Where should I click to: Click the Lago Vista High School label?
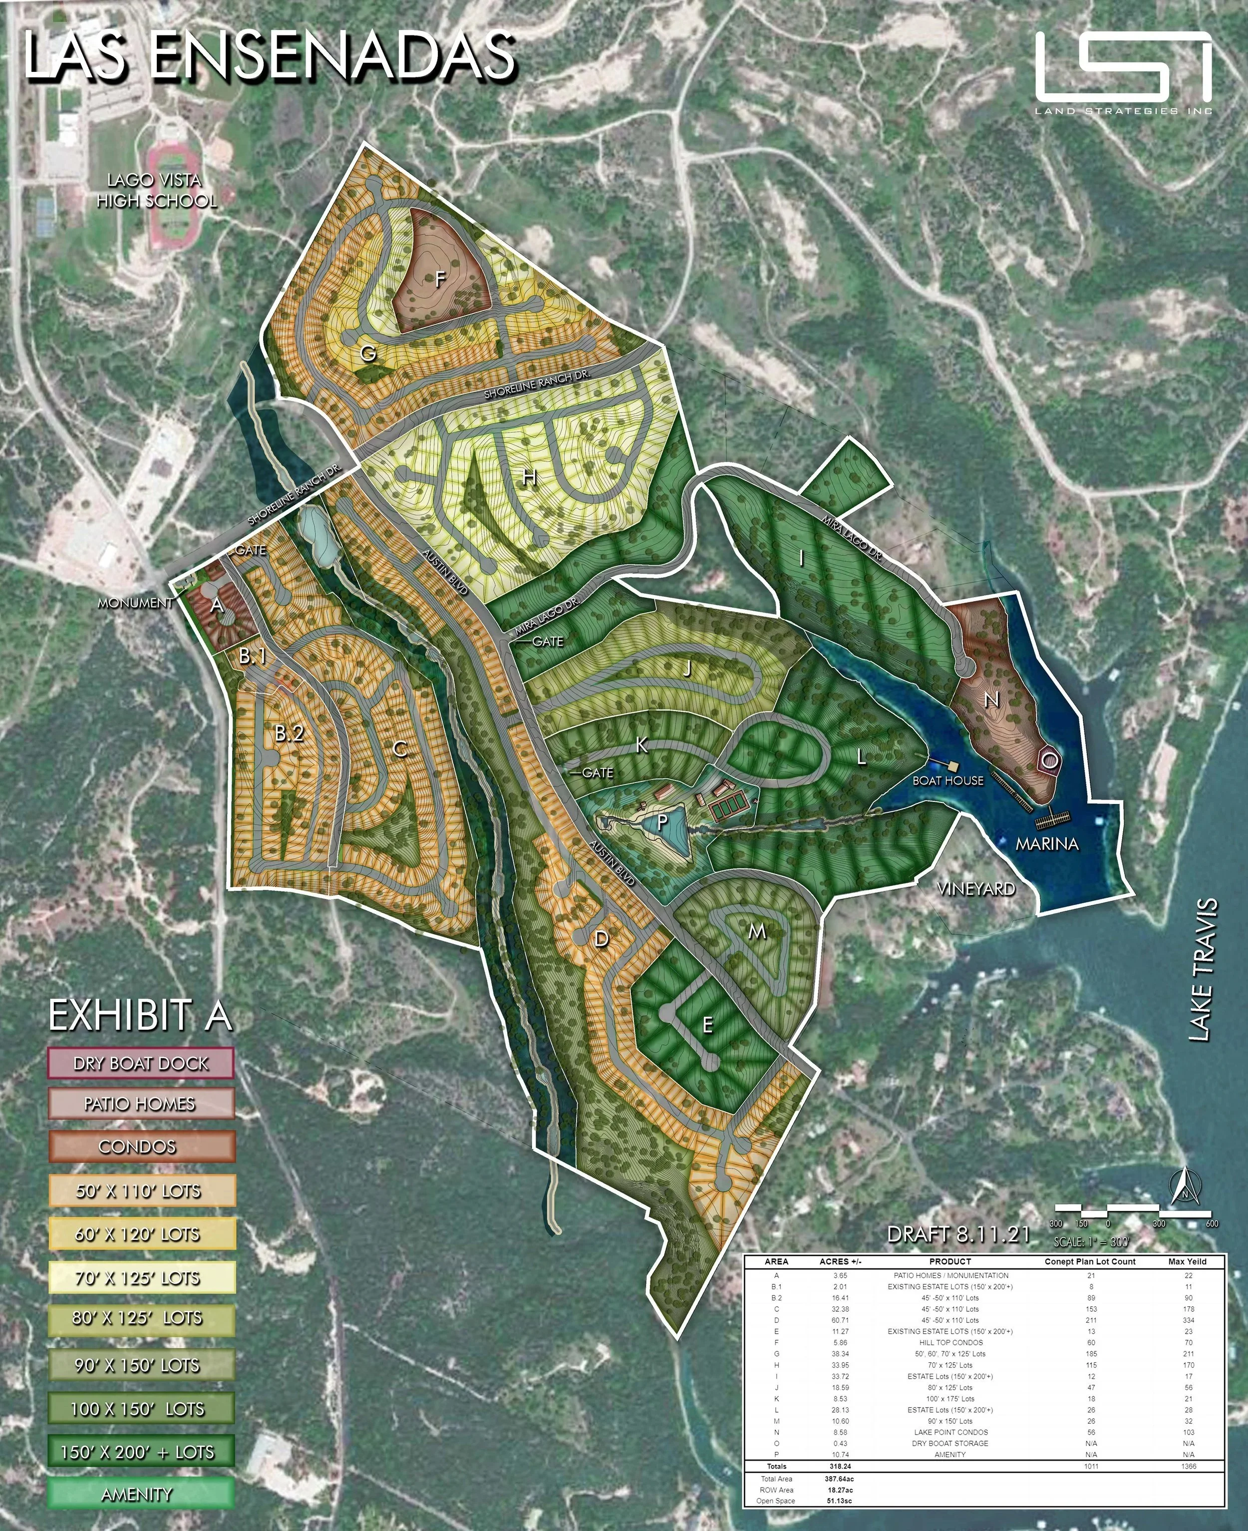coord(156,191)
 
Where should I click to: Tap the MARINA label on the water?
coord(1047,843)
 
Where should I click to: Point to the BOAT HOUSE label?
coord(947,780)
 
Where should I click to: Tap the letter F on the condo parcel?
coord(440,280)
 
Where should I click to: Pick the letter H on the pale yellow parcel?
coord(529,477)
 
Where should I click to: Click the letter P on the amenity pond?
coord(662,820)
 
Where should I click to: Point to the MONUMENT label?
coord(136,603)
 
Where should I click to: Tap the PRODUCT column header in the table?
coord(949,1261)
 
